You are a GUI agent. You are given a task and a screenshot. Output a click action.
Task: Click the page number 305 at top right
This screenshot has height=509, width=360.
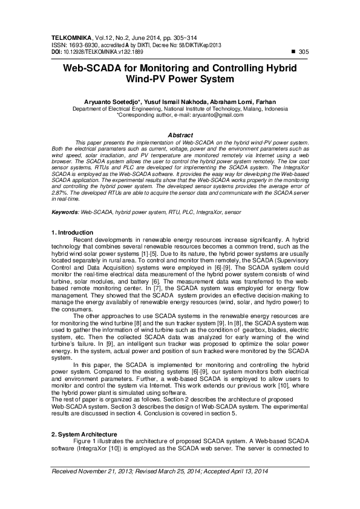click(304, 53)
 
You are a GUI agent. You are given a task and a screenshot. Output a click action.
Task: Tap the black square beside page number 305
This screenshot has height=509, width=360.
click(293, 53)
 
